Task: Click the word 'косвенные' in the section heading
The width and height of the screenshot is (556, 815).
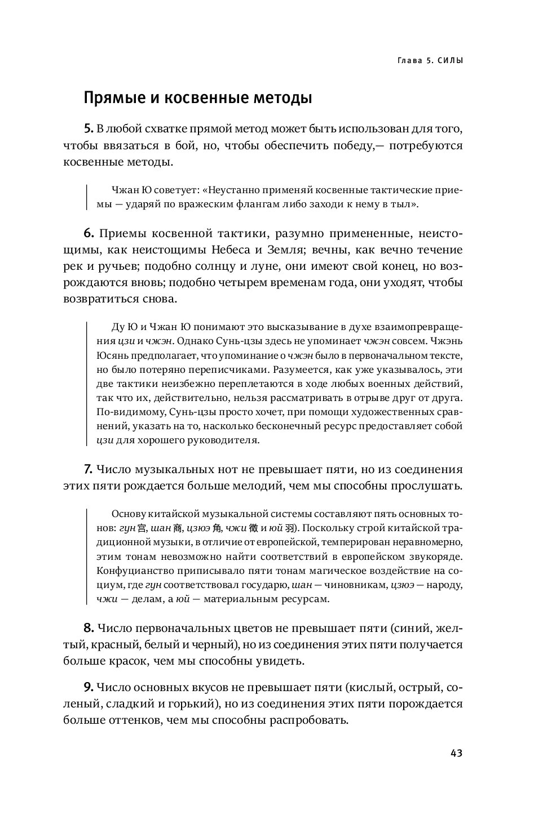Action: tap(205, 99)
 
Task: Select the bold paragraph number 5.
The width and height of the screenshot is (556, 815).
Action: tap(87, 128)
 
